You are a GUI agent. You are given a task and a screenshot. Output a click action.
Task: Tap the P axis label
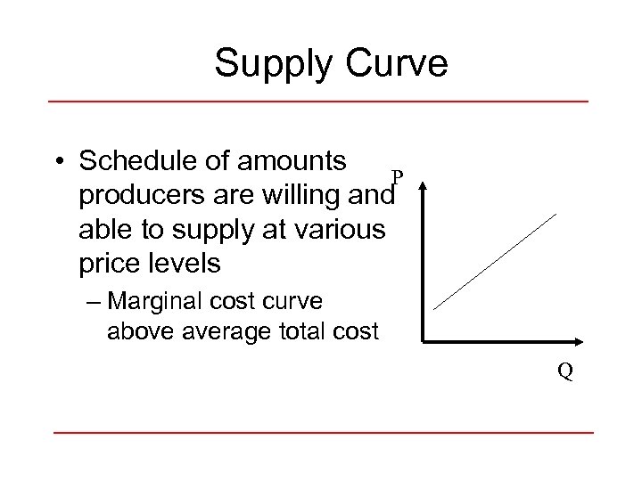tap(397, 175)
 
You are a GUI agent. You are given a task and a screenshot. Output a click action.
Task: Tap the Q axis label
tap(565, 370)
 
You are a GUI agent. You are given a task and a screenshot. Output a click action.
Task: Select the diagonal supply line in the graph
tap(495, 260)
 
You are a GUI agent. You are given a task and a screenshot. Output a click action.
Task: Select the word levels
tap(188, 264)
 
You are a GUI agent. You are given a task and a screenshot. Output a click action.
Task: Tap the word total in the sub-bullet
tap(310, 331)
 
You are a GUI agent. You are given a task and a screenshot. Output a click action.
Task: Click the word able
tap(103, 229)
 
